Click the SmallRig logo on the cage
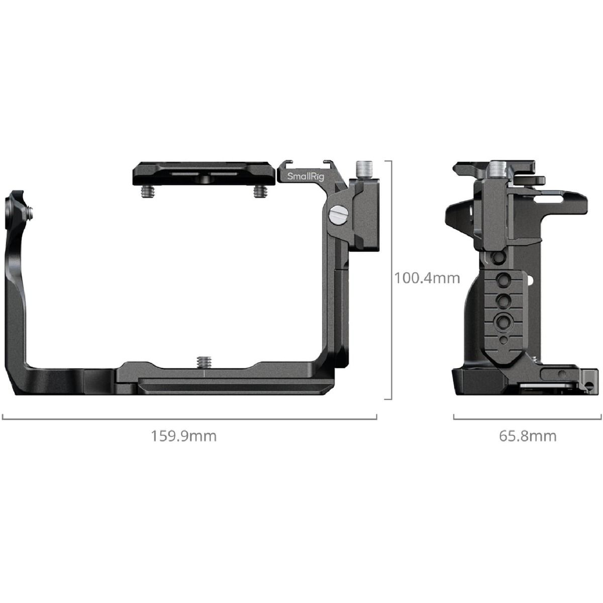click(306, 176)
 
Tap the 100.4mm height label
click(427, 278)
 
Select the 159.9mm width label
click(184, 436)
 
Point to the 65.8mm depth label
click(528, 436)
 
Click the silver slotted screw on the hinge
click(338, 215)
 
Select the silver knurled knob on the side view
click(498, 169)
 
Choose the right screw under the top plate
click(259, 191)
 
